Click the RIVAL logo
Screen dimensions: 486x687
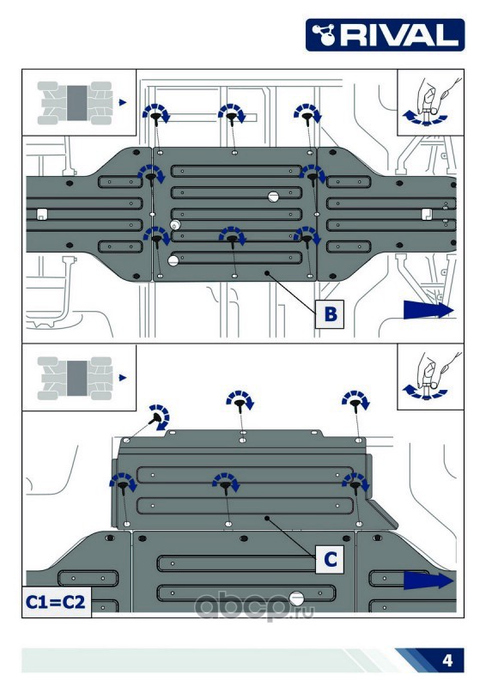click(385, 34)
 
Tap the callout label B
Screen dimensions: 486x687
click(330, 313)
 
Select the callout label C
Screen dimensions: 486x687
click(330, 559)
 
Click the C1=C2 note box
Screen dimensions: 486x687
click(56, 602)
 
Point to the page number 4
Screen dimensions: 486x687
click(447, 660)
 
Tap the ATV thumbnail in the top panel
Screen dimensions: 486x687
click(75, 103)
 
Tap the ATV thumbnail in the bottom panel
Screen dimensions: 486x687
click(75, 378)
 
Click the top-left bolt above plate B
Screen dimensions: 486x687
click(155, 117)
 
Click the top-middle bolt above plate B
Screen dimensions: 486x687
click(231, 117)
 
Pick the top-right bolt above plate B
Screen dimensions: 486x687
click(307, 117)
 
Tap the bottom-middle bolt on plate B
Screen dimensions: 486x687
click(232, 240)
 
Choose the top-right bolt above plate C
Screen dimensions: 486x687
click(355, 402)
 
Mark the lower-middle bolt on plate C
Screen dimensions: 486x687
click(226, 485)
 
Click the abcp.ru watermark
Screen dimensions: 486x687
click(254, 607)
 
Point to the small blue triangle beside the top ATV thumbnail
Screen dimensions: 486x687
click(122, 102)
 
